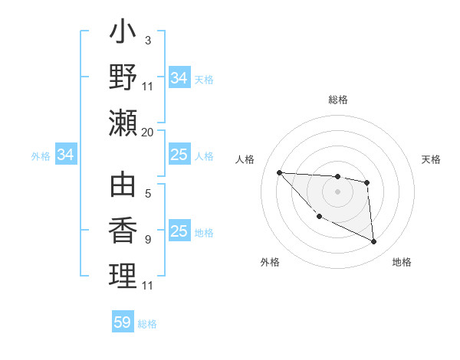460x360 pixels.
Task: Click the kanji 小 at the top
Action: point(123,35)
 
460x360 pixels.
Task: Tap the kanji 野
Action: point(123,77)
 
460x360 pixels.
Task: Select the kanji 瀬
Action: point(123,123)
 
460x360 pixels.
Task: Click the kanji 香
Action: point(123,231)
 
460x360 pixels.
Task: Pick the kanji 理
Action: point(123,276)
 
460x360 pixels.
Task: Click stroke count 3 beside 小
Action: point(148,41)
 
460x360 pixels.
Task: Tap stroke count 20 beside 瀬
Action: point(147,132)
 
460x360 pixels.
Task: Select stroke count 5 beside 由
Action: point(148,195)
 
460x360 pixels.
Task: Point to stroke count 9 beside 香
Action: point(148,240)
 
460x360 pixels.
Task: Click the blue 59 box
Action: point(123,322)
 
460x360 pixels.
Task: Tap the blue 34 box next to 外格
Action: point(66,155)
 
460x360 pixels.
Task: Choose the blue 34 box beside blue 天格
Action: point(179,78)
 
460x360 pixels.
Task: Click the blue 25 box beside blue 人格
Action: point(179,155)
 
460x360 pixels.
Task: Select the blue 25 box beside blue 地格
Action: point(179,231)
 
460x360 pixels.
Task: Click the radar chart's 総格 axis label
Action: point(337,100)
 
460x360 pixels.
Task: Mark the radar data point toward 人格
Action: point(279,172)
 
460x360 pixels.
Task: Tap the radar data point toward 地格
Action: point(374,242)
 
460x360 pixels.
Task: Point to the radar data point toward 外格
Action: point(319,217)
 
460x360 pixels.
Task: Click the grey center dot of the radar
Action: point(337,191)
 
